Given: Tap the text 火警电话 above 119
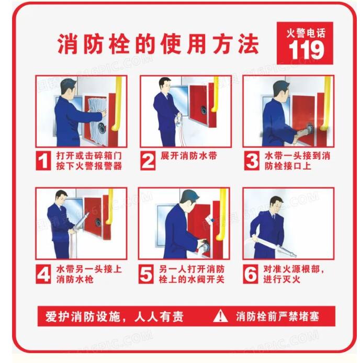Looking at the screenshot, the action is click(x=306, y=33).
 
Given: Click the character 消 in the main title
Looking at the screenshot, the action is click(x=67, y=44).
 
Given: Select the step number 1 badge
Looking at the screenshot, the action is click(x=43, y=160).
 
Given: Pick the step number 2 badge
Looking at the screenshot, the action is click(x=148, y=160).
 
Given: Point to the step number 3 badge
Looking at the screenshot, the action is click(x=252, y=160).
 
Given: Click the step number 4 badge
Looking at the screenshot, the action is click(x=43, y=274).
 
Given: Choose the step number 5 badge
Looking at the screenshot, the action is click(x=146, y=274).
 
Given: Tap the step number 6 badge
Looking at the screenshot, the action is click(x=251, y=274).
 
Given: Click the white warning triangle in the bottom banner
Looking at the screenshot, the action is click(x=220, y=316).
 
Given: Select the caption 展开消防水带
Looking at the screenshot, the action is click(x=189, y=156).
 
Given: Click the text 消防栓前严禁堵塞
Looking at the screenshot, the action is click(x=277, y=316).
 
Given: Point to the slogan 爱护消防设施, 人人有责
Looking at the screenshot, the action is click(x=115, y=316).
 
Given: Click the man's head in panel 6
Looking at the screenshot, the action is click(x=276, y=203).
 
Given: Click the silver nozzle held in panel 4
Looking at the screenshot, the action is click(x=81, y=222).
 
